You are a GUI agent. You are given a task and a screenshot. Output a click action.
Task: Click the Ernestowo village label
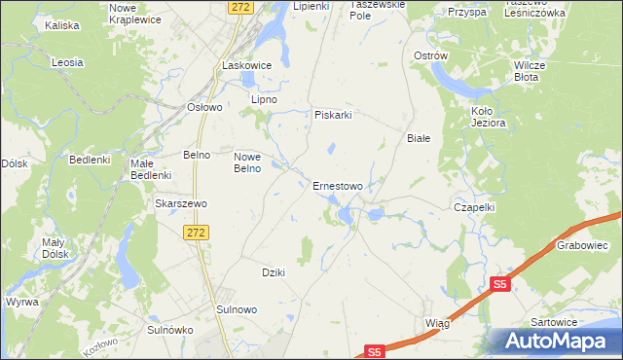(x=338, y=186)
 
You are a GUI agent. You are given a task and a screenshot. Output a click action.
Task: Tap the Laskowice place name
(x=245, y=65)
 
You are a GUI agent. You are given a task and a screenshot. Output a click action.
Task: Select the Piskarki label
(x=332, y=115)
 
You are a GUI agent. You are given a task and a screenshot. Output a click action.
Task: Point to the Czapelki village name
(x=476, y=207)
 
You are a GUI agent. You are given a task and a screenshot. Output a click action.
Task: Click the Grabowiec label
(x=582, y=246)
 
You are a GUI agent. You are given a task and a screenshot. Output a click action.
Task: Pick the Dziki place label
(x=274, y=272)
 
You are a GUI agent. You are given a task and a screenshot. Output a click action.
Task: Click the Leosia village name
(x=67, y=62)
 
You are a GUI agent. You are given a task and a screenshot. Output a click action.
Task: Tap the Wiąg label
(x=438, y=320)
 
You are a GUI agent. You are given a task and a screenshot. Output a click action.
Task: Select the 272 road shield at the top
(x=242, y=7)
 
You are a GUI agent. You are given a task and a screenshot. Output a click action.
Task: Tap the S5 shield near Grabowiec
(x=499, y=284)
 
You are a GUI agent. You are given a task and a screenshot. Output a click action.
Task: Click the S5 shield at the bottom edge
(x=376, y=351)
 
